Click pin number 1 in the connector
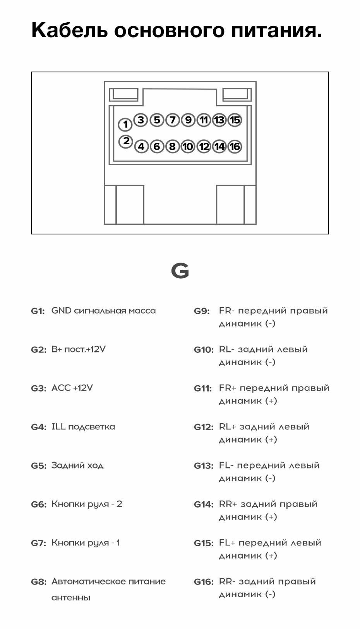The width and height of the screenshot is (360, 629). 125,125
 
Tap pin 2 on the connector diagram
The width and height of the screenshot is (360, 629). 126,141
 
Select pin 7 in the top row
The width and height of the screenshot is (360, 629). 172,120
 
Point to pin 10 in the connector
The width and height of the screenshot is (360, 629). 188,147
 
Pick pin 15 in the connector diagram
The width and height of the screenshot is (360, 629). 235,120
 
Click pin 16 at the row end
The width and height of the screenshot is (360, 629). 235,147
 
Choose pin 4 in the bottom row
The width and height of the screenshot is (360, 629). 141,147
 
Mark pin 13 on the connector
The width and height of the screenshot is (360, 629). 219,120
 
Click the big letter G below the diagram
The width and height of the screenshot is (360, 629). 180,271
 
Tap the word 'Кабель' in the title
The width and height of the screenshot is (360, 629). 69,30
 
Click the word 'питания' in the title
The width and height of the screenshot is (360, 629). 276,30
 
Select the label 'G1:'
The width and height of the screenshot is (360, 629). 38,311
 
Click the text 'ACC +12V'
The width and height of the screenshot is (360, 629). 72,388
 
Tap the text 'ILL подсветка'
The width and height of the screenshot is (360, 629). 83,427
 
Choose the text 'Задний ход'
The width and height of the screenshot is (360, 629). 77,465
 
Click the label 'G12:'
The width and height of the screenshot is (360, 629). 203,427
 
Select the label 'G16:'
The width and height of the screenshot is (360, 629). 203,582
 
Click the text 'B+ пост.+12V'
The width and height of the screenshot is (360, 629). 79,349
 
